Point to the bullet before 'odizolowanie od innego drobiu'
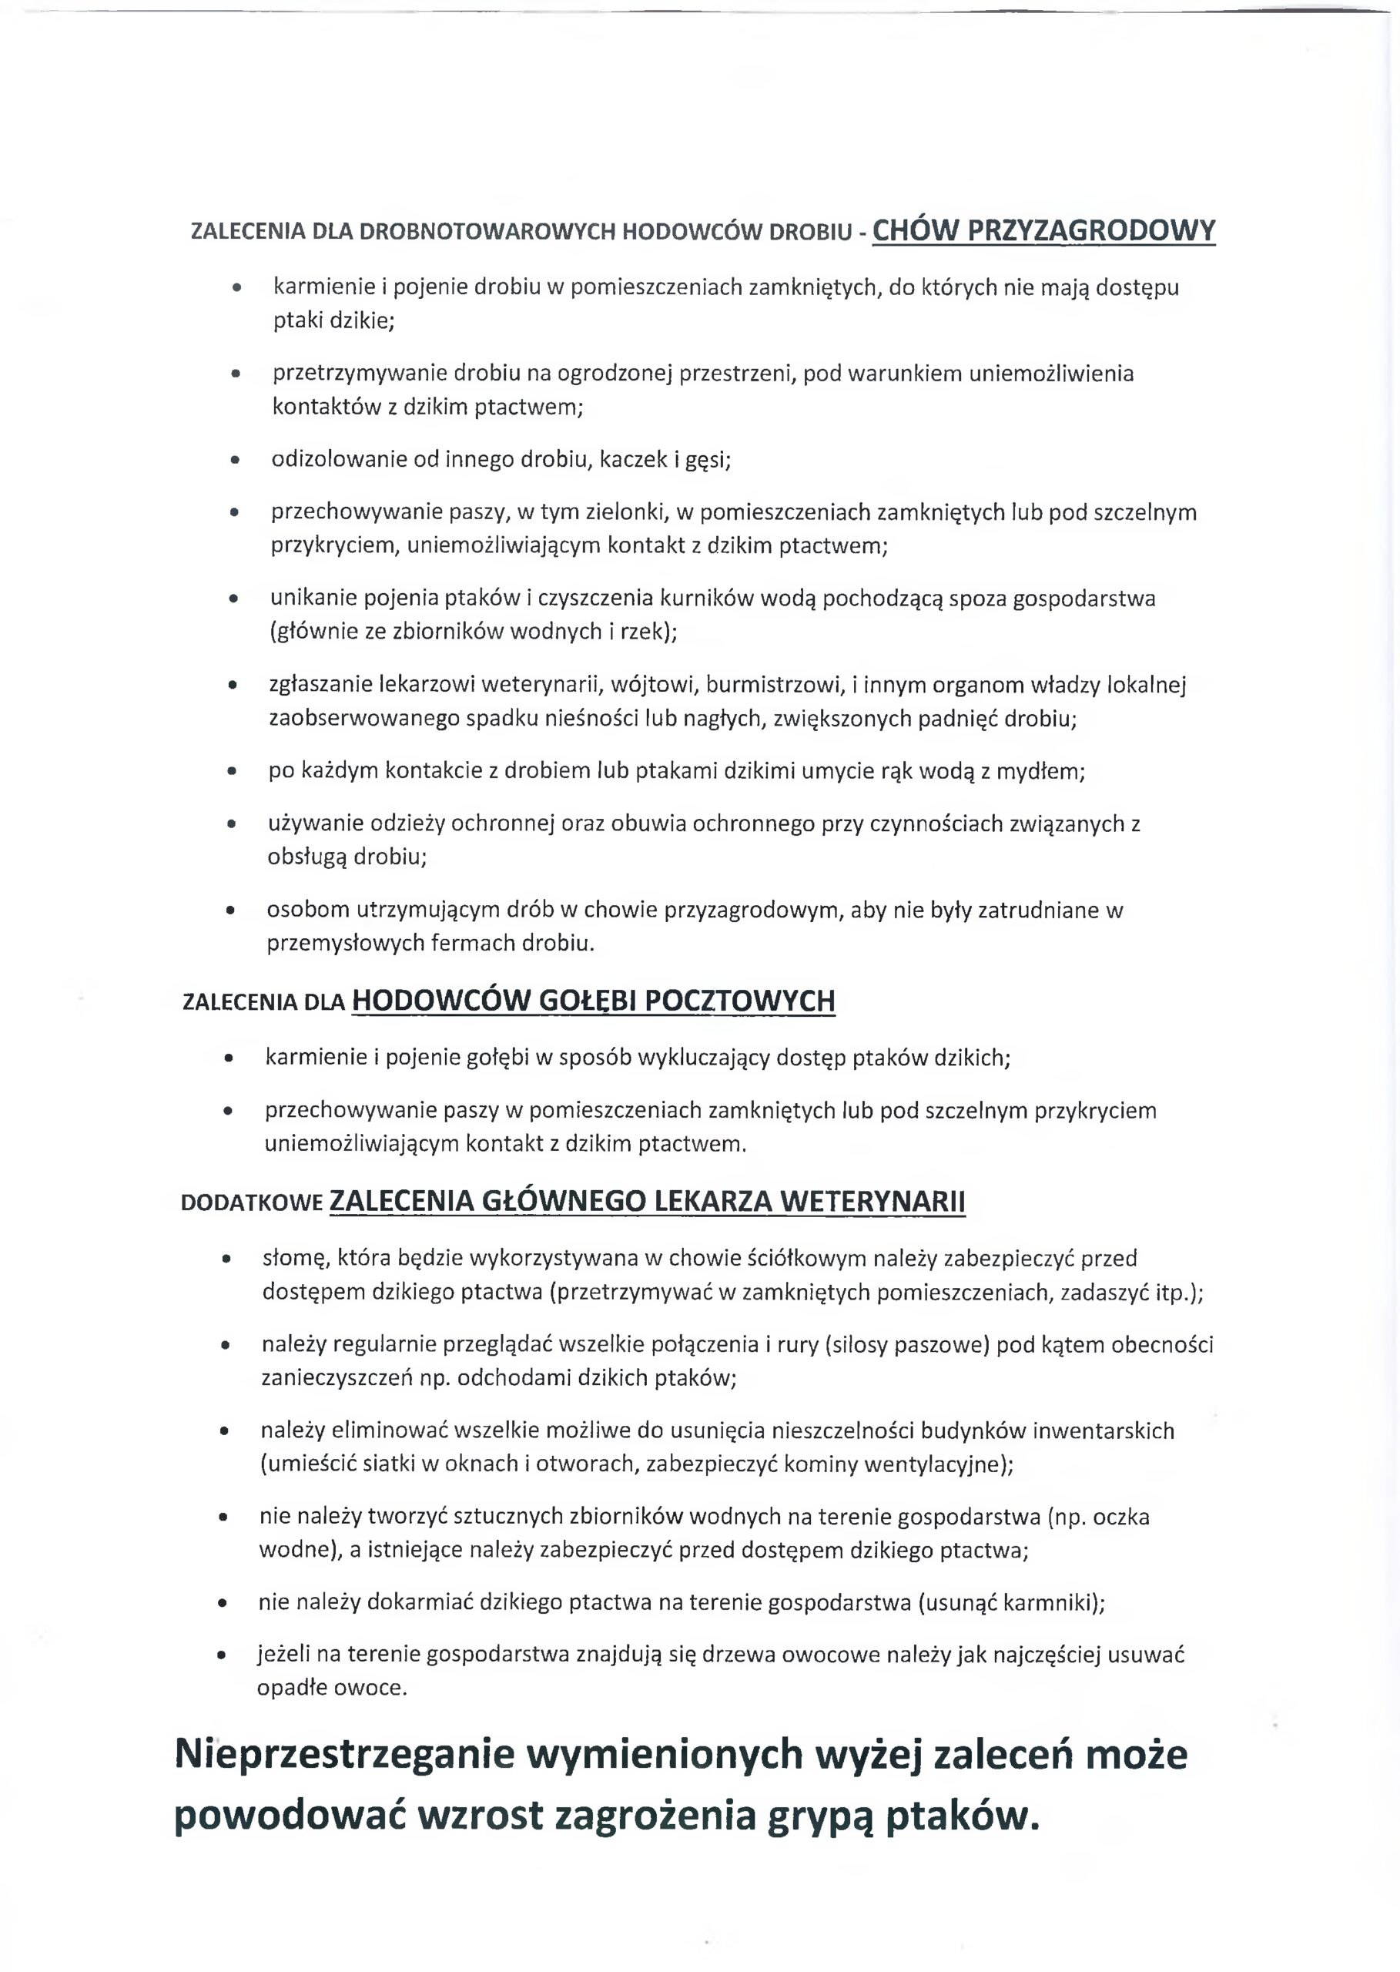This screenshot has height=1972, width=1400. tap(233, 461)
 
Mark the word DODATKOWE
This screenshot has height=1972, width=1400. tap(252, 1203)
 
